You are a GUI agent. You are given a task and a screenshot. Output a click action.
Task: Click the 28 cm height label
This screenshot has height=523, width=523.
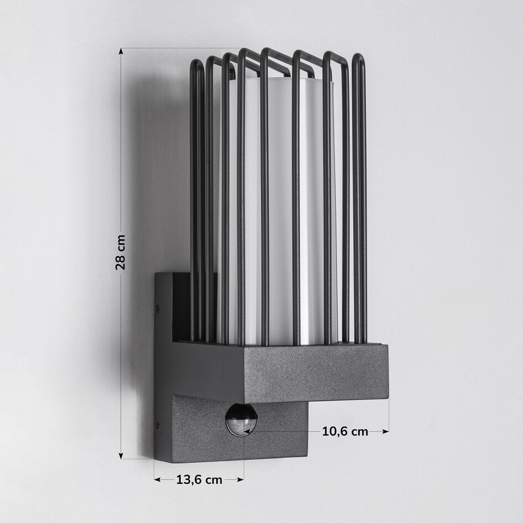pos(121,252)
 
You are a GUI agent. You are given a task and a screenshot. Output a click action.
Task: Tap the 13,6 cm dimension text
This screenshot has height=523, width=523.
pos(199,480)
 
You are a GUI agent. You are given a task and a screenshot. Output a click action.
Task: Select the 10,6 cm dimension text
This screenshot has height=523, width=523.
pos(345,431)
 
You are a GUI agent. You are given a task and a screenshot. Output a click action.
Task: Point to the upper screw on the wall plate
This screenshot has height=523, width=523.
pos(158,308)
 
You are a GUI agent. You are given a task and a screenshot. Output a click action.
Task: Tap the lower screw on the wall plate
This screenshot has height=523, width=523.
pos(158,425)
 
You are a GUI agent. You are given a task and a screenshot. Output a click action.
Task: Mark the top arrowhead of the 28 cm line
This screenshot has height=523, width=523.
pos(121,51)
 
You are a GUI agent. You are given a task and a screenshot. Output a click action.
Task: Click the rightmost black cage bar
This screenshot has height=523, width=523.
pos(360,199)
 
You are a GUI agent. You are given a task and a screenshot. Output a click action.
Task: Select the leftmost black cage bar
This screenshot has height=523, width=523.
pos(194,199)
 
